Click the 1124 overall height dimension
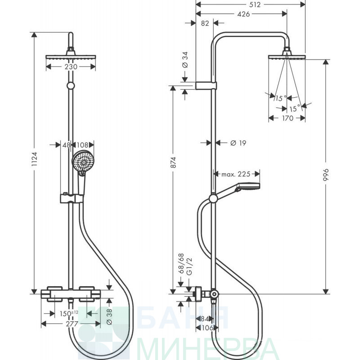[x=35, y=159]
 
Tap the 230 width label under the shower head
[x=71, y=67]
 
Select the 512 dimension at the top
[x=255, y=4]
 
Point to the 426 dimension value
[x=243, y=14]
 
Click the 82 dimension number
[x=205, y=23]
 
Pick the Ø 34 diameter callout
[x=185, y=60]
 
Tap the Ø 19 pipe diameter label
[x=238, y=143]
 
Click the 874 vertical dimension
[x=173, y=162]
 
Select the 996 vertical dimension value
[x=326, y=175]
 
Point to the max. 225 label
[x=236, y=174]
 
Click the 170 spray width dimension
[x=288, y=118]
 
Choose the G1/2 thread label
[x=189, y=266]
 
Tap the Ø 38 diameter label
[x=109, y=316]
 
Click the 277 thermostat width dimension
[x=72, y=324]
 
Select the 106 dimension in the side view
[x=207, y=328]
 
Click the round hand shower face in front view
[x=82, y=162]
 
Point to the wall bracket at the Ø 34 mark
[x=206, y=85]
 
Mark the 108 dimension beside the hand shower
[x=82, y=145]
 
